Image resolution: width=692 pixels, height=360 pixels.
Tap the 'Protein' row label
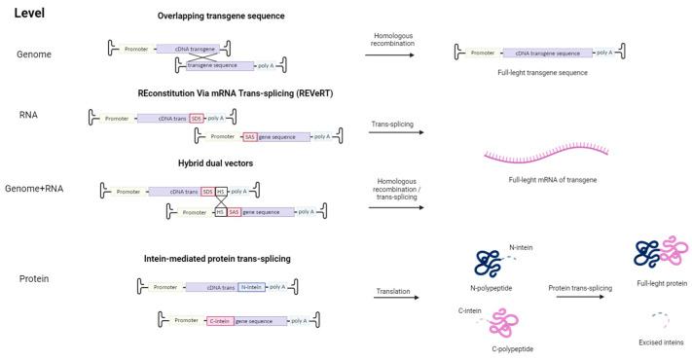click(36, 280)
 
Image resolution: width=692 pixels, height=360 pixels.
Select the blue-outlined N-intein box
click(252, 287)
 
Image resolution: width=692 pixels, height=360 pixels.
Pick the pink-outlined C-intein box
click(224, 320)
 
